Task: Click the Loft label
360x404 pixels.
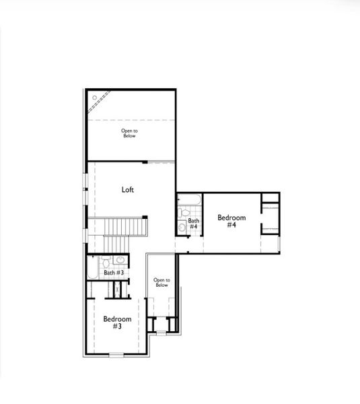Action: click(x=128, y=190)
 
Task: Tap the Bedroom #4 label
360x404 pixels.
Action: click(x=231, y=222)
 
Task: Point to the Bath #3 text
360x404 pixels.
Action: click(x=114, y=273)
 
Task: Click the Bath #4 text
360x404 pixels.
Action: click(x=193, y=224)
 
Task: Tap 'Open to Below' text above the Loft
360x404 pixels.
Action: click(x=129, y=134)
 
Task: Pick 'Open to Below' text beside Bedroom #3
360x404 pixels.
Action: click(x=161, y=282)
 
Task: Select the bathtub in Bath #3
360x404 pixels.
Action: click(x=92, y=273)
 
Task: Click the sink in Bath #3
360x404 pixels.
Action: click(x=120, y=260)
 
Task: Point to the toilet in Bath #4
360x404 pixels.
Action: click(x=183, y=213)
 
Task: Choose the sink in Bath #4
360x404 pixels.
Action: click(x=182, y=228)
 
